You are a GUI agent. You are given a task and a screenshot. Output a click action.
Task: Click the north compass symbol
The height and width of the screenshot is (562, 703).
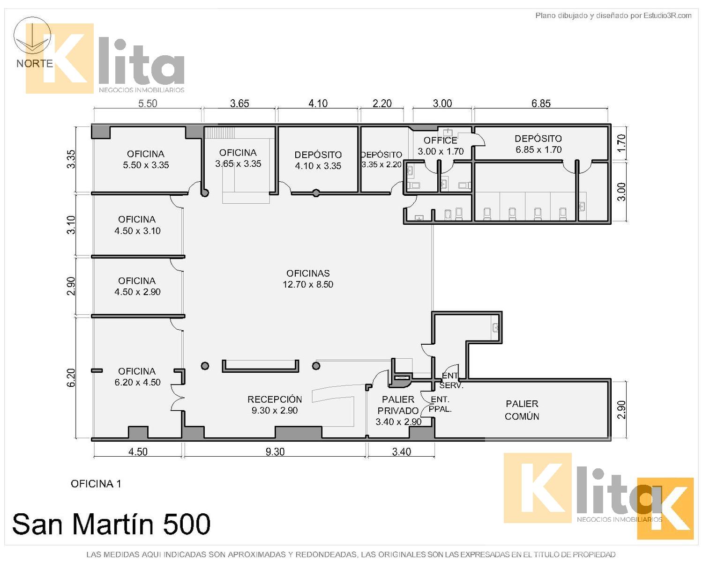click(32, 35)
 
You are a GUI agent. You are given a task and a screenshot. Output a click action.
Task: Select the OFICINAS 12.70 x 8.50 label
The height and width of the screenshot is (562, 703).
click(308, 279)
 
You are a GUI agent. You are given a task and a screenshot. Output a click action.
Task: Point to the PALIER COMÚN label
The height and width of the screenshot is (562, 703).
click(522, 410)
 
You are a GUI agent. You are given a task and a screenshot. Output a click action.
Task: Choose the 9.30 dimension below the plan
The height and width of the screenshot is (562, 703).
click(275, 451)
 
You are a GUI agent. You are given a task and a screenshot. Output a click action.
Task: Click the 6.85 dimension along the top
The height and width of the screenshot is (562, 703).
click(541, 104)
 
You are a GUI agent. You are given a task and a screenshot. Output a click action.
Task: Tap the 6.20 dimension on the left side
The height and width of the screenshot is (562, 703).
click(71, 377)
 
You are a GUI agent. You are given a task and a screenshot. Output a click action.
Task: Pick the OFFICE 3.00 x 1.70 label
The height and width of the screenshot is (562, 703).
click(441, 146)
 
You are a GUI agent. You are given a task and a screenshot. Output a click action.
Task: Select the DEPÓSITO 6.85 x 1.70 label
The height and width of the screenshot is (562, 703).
click(538, 144)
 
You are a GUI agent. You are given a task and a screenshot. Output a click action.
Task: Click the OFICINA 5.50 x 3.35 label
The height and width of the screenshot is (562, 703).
click(146, 159)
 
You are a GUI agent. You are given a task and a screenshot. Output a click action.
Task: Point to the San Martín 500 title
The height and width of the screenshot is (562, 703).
click(111, 524)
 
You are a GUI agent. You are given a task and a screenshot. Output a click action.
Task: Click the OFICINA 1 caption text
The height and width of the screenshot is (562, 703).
click(96, 484)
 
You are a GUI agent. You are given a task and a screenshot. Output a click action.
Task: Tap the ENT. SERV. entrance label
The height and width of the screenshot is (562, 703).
click(451, 380)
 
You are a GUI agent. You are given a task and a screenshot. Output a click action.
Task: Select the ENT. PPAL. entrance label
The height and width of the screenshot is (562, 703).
click(440, 404)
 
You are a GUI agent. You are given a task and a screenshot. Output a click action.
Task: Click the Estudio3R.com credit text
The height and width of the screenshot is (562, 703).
click(613, 15)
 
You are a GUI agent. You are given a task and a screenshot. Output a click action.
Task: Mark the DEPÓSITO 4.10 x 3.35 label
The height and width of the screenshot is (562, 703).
click(318, 160)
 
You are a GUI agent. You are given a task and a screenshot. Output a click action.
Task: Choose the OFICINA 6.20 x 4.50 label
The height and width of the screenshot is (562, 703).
click(137, 377)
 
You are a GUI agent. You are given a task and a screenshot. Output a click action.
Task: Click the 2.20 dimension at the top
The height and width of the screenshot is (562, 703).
click(382, 104)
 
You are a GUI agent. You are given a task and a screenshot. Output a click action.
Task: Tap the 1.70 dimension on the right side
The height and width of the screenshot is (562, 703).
click(621, 143)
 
